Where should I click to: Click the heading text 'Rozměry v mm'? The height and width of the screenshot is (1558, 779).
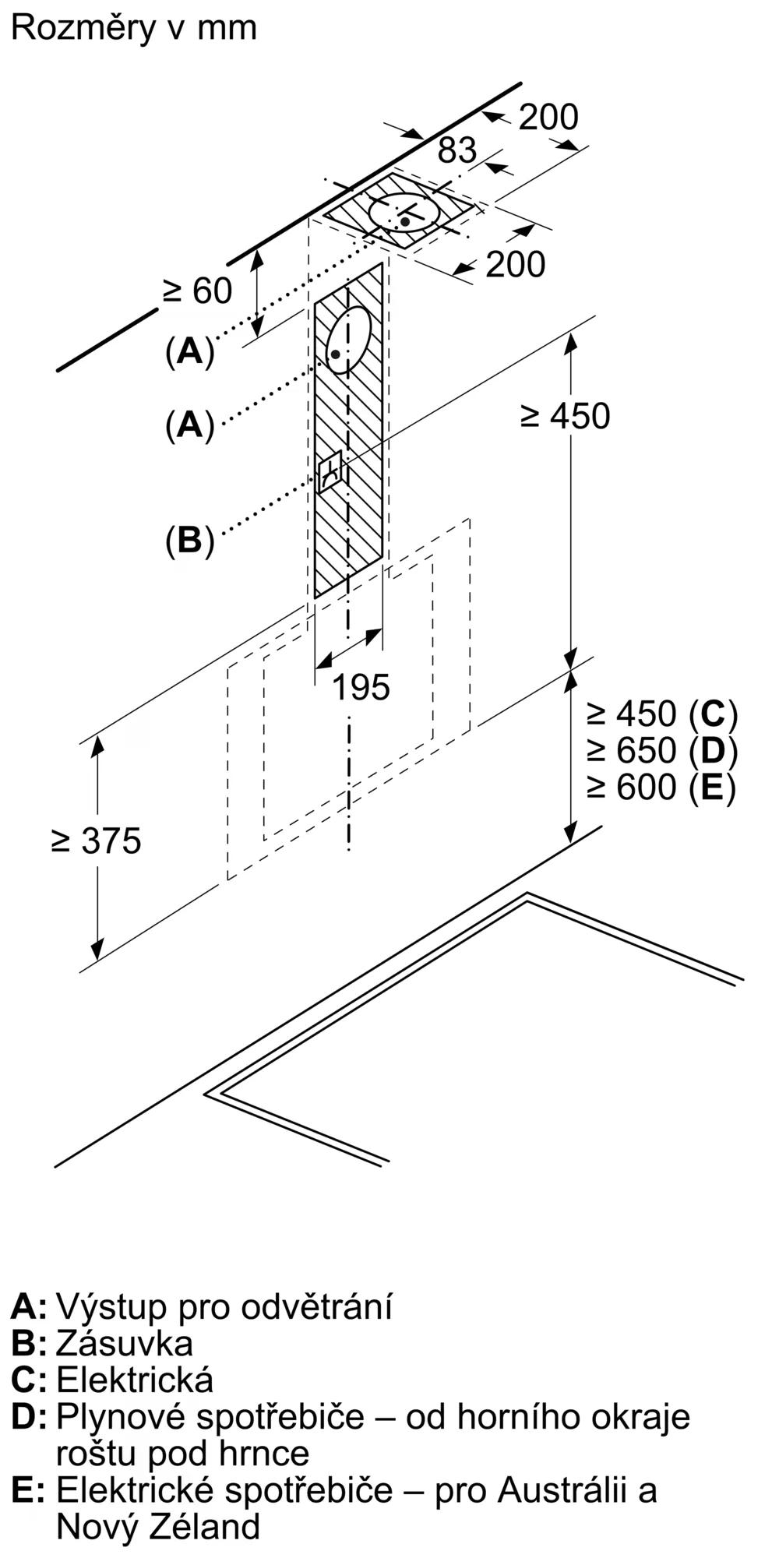pyautogui.click(x=134, y=28)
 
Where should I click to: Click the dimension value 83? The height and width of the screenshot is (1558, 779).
pyautogui.click(x=456, y=150)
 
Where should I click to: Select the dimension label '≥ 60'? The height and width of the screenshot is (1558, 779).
pyautogui.click(x=197, y=291)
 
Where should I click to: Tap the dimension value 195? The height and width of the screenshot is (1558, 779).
pyautogui.click(x=361, y=687)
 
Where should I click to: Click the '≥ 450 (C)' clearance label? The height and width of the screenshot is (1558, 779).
pyautogui.click(x=661, y=713)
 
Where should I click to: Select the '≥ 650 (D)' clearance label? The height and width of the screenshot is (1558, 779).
pyautogui.click(x=661, y=750)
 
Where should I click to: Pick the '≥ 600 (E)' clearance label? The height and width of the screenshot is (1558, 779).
pyautogui.click(x=661, y=787)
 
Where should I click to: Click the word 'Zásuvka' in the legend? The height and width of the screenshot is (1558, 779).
pyautogui.click(x=125, y=1343)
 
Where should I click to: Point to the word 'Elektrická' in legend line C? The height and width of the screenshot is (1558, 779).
pyautogui.click(x=135, y=1380)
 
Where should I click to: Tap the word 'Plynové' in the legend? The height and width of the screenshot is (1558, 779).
pyautogui.click(x=121, y=1416)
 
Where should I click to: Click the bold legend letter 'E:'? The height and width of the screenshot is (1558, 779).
pyautogui.click(x=28, y=1490)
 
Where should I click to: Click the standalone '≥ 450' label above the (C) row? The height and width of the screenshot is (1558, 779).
pyautogui.click(x=566, y=416)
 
